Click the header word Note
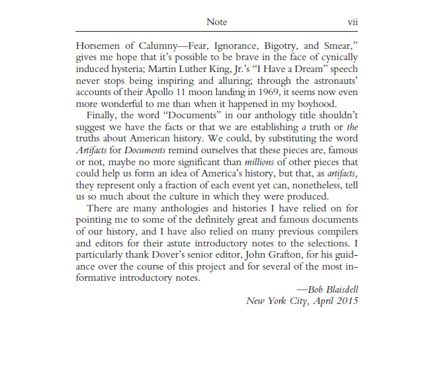[216, 22]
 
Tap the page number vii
[353, 22]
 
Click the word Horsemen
[99, 47]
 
